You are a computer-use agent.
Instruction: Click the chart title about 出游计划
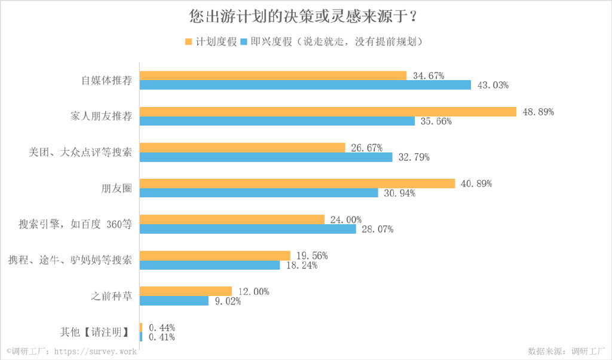click(x=305, y=16)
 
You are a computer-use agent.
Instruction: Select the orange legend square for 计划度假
click(x=188, y=42)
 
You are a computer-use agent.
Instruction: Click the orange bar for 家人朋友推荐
click(x=328, y=112)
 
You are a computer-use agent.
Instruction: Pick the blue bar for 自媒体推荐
click(x=305, y=85)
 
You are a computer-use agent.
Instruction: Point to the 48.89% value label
click(x=537, y=112)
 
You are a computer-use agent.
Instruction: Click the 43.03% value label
click(x=492, y=85)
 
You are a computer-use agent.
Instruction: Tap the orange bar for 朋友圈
click(x=297, y=184)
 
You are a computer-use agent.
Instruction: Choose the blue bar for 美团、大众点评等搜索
click(x=266, y=157)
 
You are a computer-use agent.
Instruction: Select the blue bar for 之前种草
click(x=174, y=301)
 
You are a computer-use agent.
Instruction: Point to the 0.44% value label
click(x=161, y=328)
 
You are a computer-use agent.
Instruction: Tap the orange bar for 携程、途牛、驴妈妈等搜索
click(x=215, y=255)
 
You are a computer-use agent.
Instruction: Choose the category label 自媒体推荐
click(x=106, y=80)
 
